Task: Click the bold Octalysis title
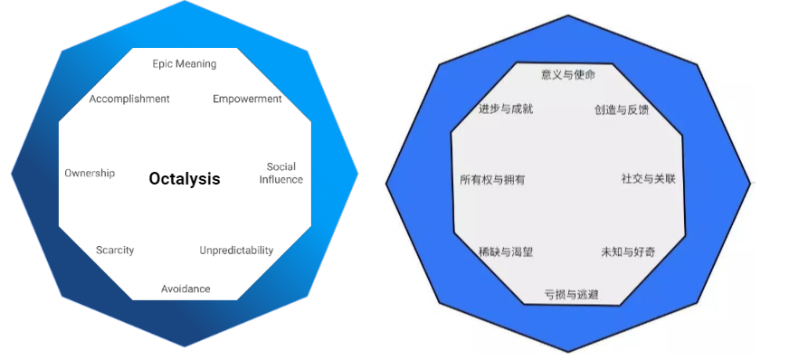(185, 179)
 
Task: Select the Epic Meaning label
(185, 64)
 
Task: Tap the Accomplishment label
(129, 99)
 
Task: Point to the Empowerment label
(247, 99)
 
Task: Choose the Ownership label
(90, 173)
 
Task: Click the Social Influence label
(281, 173)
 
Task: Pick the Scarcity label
(115, 251)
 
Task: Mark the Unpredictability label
(236, 251)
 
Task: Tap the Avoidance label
(185, 289)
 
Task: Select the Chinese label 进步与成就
(506, 109)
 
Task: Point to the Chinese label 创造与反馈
(622, 110)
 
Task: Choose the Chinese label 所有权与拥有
(492, 180)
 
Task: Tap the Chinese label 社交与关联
(648, 179)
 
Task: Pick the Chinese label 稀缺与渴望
(506, 251)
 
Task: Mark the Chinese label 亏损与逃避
(571, 294)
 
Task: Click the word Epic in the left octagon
(163, 64)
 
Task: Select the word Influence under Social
(281, 179)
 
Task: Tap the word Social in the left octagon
(281, 166)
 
